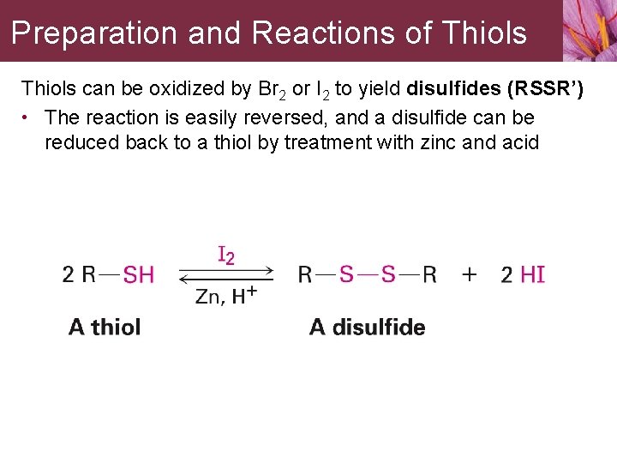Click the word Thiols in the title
486,33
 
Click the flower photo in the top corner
590,30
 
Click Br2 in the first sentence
272,89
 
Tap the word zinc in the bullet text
438,142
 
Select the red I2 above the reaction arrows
226,255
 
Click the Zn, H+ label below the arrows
226,296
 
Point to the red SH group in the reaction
139,275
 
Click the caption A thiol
105,327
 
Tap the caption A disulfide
368,327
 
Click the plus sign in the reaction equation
470,274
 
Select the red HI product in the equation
533,275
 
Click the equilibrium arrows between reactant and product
226,275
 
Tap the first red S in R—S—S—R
346,274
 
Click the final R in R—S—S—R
429,274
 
